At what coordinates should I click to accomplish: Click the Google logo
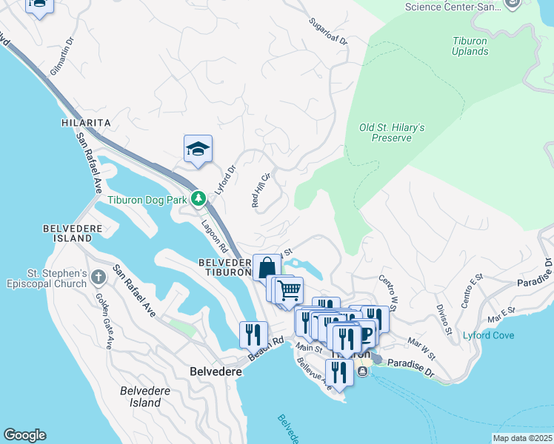(x=24, y=435)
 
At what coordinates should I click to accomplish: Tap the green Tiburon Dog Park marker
(x=198, y=198)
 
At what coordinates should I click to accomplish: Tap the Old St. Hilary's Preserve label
(x=392, y=132)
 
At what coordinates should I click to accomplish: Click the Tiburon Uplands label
(x=470, y=46)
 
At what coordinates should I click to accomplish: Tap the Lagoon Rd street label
(x=210, y=234)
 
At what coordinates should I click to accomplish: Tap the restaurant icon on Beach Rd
(x=253, y=334)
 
